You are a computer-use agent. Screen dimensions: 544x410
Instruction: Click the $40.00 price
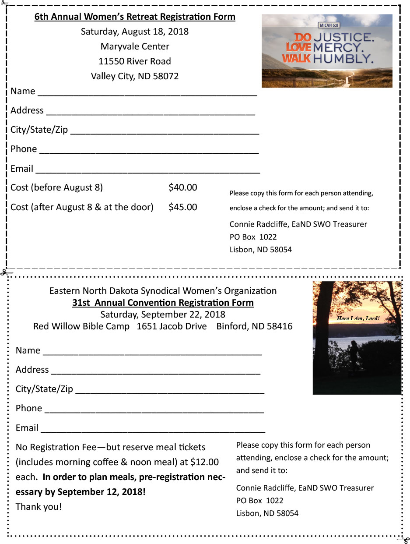pyautogui.click(x=182, y=188)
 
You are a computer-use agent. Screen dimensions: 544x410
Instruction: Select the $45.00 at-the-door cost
pyautogui.click(x=182, y=207)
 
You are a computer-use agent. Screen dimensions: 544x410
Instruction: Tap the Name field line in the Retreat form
pyautogui.click(x=147, y=94)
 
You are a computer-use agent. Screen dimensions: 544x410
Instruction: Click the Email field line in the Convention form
pyautogui.click(x=153, y=431)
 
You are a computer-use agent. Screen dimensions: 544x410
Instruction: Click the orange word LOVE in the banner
pyautogui.click(x=298, y=47)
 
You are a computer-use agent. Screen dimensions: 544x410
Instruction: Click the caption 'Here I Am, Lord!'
pyautogui.click(x=358, y=318)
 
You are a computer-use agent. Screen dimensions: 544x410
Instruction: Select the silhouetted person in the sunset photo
pyautogui.click(x=353, y=355)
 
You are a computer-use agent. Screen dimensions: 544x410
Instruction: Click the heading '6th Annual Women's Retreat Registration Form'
pyautogui.click(x=135, y=17)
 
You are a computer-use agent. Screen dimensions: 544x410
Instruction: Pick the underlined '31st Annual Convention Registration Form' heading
pyautogui.click(x=163, y=303)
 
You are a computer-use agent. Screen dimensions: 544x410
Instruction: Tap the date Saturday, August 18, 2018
pyautogui.click(x=135, y=32)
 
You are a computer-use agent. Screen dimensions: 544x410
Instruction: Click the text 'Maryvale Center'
pyautogui.click(x=135, y=46)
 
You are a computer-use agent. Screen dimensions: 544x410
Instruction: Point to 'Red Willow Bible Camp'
pyautogui.click(x=81, y=326)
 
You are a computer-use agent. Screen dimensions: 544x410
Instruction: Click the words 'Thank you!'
pyautogui.click(x=39, y=507)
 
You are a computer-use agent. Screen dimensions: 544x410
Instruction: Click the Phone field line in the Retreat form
pyautogui.click(x=149, y=152)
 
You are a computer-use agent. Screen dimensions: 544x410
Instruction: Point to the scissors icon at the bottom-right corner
pyautogui.click(x=403, y=539)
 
